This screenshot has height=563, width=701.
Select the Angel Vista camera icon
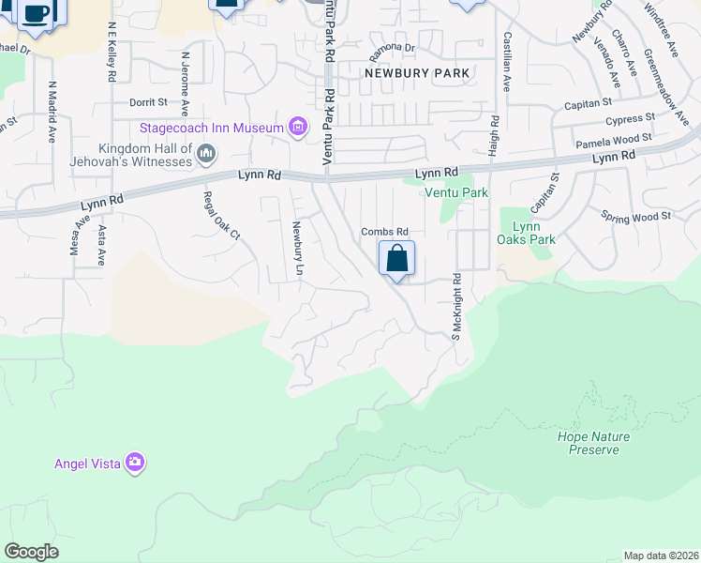(x=136, y=462)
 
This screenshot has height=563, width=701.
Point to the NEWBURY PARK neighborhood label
(x=416, y=72)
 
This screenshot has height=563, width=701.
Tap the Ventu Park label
(x=456, y=192)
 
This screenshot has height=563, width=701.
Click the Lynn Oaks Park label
(x=528, y=233)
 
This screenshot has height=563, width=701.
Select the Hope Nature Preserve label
(x=593, y=443)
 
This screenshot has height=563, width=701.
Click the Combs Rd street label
(x=385, y=232)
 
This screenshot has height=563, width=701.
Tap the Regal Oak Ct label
(x=222, y=215)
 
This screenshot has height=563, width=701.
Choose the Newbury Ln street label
(x=298, y=249)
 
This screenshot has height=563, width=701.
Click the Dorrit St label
(x=148, y=101)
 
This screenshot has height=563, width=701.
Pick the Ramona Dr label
(x=392, y=47)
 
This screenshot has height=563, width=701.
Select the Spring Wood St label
(x=637, y=215)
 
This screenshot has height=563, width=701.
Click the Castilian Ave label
(x=507, y=62)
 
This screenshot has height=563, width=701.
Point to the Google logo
(x=31, y=552)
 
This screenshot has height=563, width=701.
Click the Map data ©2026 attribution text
(x=661, y=555)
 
